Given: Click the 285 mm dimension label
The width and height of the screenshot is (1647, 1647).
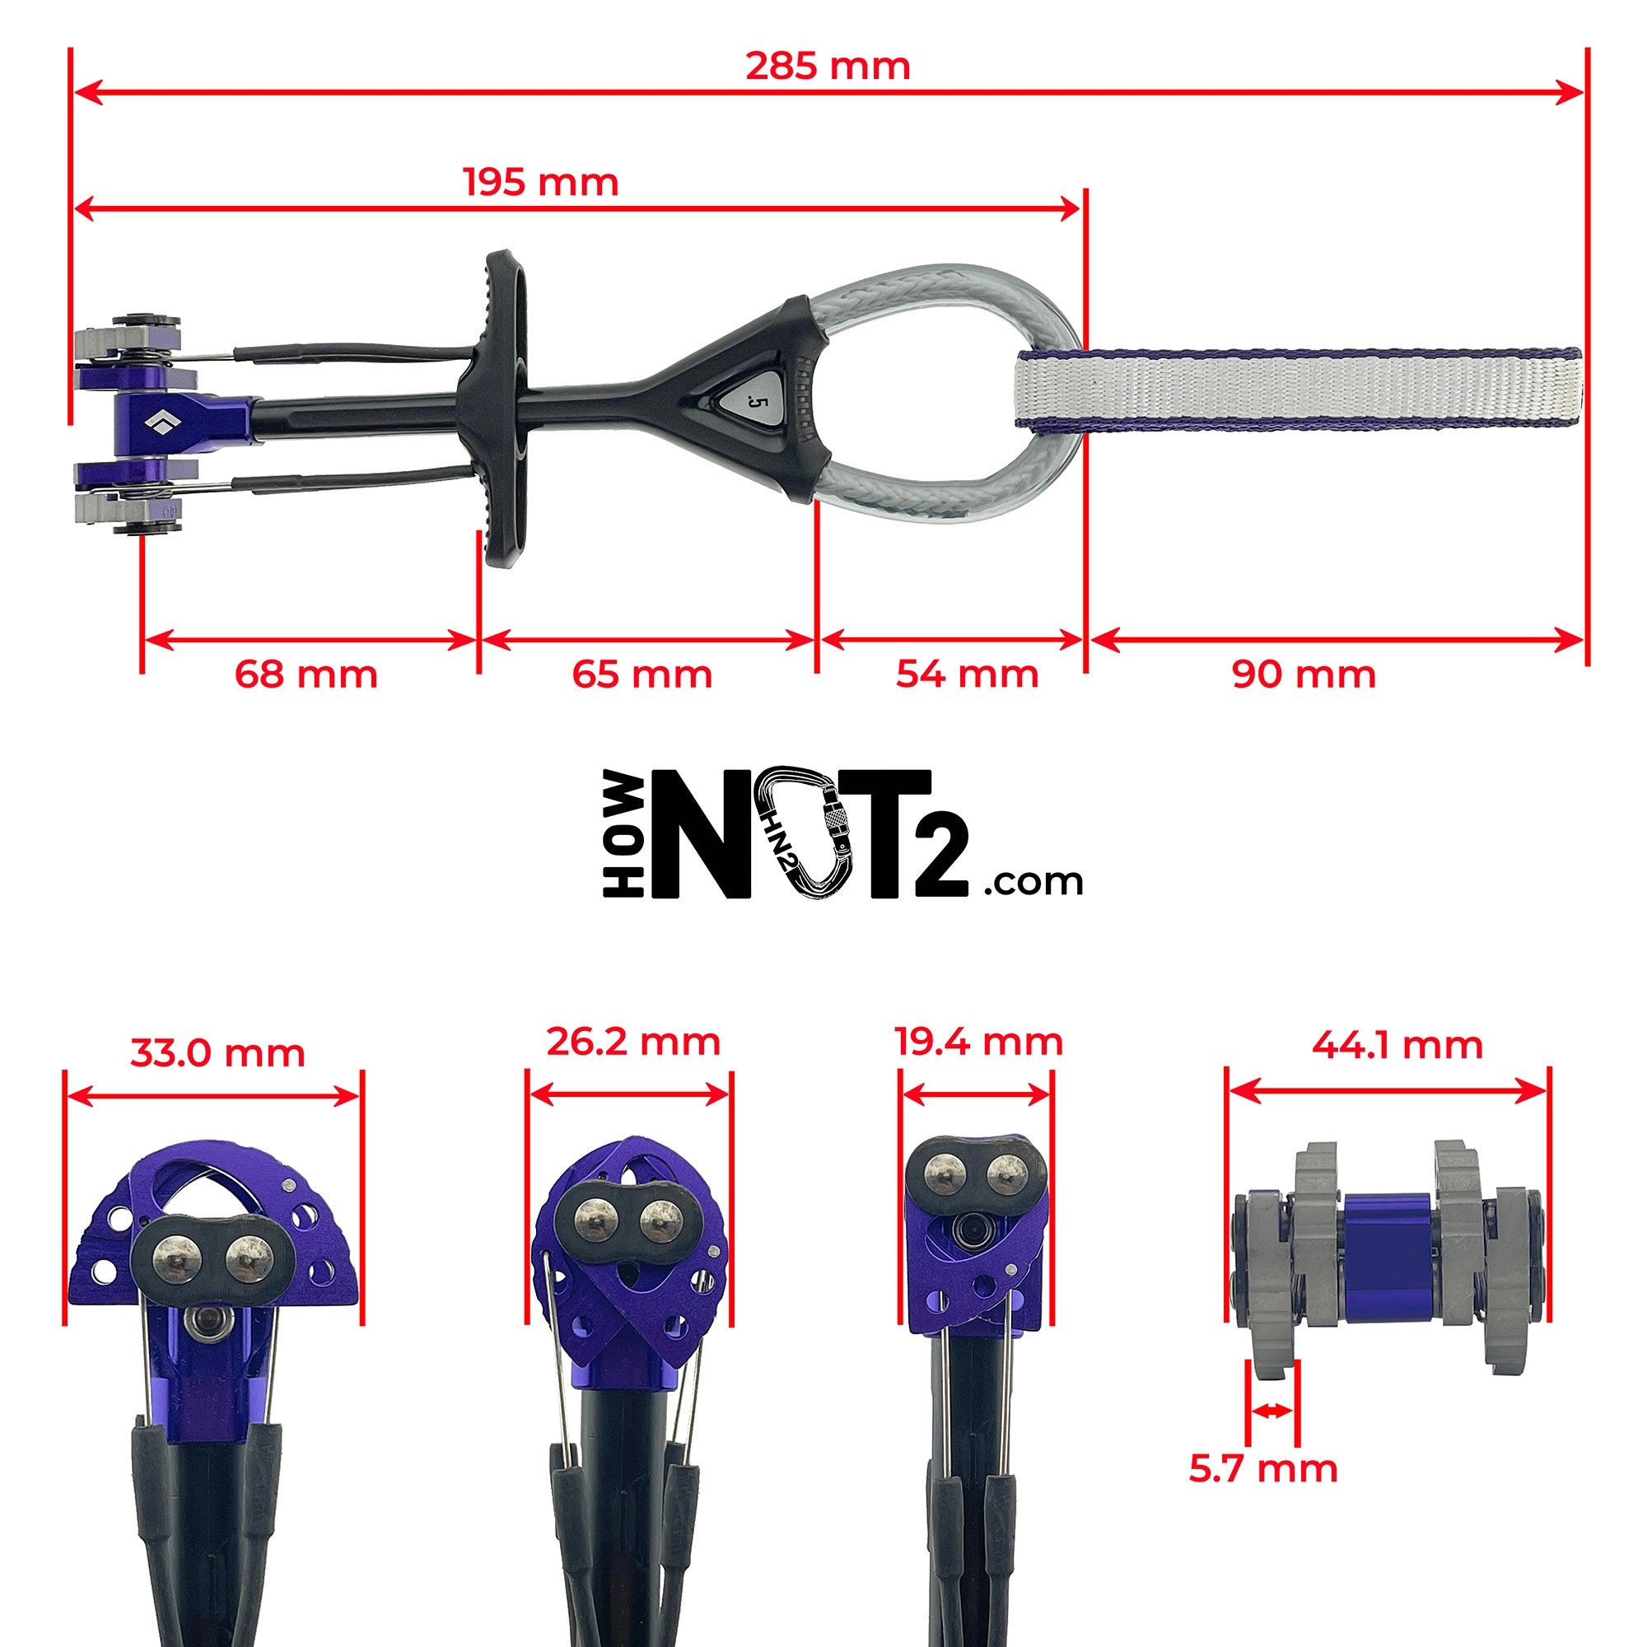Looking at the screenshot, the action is [x=828, y=67].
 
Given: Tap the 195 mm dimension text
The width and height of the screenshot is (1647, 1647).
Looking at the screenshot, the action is [x=540, y=183].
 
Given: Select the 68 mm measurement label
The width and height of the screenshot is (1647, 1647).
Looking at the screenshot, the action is [x=306, y=675].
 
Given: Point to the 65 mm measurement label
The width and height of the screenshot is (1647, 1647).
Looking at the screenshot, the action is [x=642, y=675].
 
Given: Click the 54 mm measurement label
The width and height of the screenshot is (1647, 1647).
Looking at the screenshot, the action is [x=968, y=675].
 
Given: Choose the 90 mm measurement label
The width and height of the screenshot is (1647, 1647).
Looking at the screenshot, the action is [x=1304, y=675].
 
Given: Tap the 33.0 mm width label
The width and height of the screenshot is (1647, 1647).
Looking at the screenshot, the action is [x=217, y=1054].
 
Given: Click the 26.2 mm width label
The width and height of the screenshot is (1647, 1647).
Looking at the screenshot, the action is [x=633, y=1042].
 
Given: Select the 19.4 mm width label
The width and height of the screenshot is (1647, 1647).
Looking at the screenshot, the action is [x=978, y=1042].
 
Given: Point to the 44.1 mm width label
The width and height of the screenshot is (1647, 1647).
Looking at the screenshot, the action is [x=1397, y=1045].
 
